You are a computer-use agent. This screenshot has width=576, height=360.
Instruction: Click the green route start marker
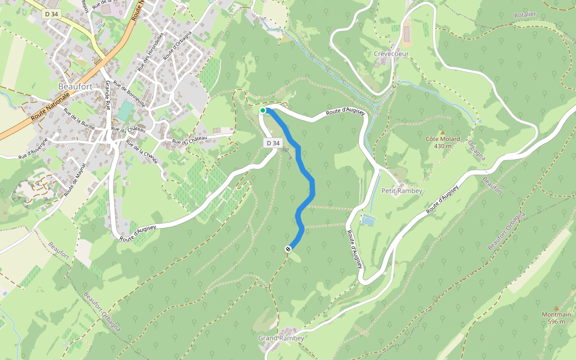263,110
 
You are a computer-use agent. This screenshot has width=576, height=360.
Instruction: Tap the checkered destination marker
289,248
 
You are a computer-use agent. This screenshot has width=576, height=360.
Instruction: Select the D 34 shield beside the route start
273,143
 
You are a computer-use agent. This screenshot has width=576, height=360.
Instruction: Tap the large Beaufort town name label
74,86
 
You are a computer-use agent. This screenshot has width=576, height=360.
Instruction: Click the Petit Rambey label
402,191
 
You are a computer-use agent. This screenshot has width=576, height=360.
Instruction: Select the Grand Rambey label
281,338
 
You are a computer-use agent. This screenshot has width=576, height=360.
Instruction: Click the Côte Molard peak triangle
443,132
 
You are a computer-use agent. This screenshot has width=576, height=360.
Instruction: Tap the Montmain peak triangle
556,308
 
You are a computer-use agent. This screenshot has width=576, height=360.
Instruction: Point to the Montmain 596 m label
556,318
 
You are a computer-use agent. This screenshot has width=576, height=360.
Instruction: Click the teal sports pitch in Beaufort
125,111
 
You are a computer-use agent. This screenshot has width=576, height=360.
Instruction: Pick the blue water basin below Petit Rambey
368,220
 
